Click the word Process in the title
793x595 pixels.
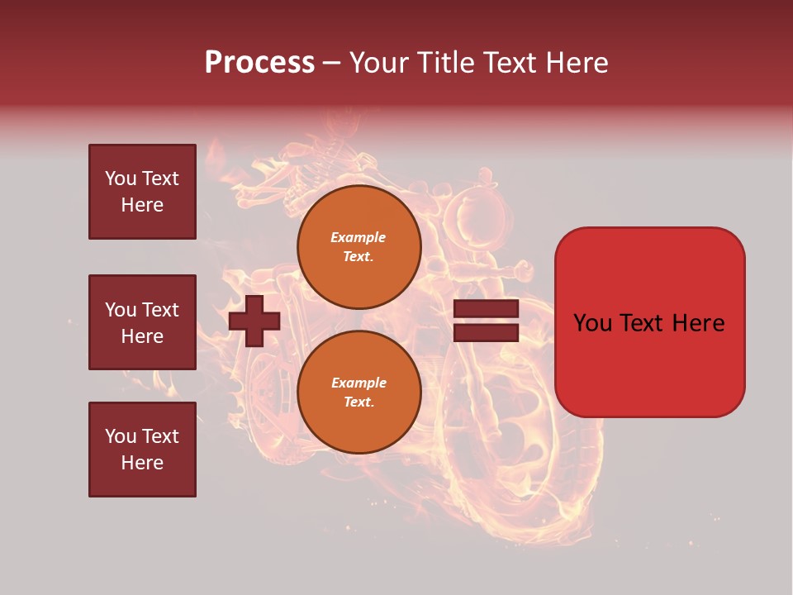pyautogui.click(x=259, y=63)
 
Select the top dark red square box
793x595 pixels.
pyautogui.click(x=142, y=192)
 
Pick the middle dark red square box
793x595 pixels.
pyautogui.click(x=142, y=322)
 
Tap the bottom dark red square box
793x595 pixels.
pyautogui.click(x=142, y=450)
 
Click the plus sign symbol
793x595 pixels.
pyautogui.click(x=254, y=321)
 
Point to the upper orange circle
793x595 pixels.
pyautogui.click(x=359, y=247)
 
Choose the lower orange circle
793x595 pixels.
pyautogui.click(x=359, y=393)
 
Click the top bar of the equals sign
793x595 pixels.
pyautogui.click(x=486, y=309)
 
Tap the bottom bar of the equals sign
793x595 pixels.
pyautogui.click(x=486, y=333)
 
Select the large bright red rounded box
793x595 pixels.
pyautogui.click(x=649, y=322)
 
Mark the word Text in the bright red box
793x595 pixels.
pyautogui.click(x=649, y=323)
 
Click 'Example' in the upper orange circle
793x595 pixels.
pyautogui.click(x=359, y=237)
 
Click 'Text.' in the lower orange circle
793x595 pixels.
pyautogui.click(x=359, y=402)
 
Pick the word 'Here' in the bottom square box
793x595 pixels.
pyautogui.click(x=142, y=463)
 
